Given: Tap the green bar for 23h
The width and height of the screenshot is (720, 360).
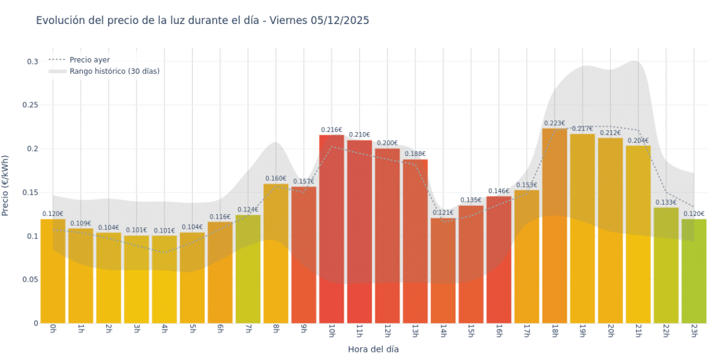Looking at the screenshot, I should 693,271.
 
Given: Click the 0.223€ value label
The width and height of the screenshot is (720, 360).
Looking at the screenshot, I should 555,124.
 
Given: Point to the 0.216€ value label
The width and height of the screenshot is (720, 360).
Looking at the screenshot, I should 332,130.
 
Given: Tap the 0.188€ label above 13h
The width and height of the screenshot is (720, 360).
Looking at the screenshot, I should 415,154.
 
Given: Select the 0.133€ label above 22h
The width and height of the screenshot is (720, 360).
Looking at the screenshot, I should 666,203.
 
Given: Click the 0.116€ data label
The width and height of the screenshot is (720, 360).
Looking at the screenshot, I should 220,217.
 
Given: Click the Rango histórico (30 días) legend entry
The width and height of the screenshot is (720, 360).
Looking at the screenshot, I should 114,71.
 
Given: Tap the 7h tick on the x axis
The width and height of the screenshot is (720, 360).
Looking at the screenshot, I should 248,330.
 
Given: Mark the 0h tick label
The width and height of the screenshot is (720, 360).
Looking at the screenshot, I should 52,330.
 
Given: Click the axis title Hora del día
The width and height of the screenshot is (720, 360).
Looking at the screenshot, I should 373,349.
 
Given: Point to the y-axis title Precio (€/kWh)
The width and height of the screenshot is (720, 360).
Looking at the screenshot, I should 6,186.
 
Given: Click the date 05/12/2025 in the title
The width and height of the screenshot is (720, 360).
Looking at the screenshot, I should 339,21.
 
